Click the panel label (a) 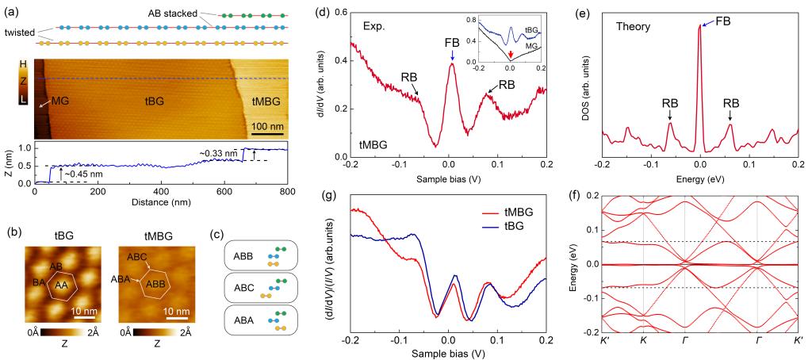(11, 9)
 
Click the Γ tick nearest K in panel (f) (685, 343)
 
